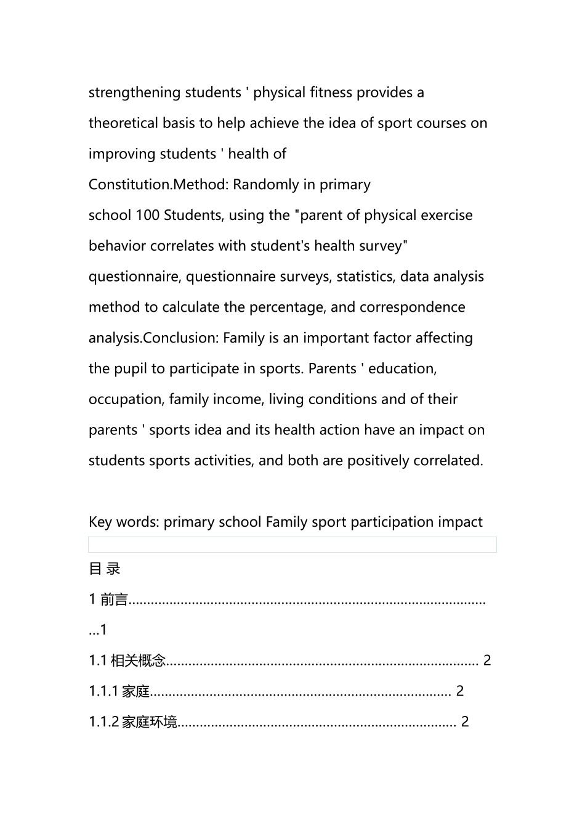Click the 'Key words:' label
pos(124,522)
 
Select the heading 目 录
pos(105,569)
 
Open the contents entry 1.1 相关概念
pos(127,661)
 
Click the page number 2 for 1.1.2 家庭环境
pos(465,722)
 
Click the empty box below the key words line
pos(292,545)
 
